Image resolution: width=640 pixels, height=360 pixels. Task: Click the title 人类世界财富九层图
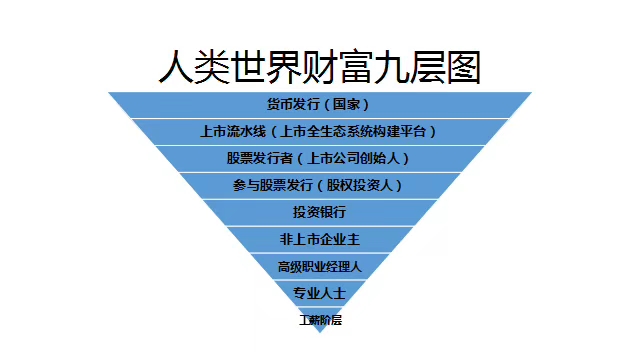pos(319,66)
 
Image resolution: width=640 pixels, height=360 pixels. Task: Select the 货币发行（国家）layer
pos(319,104)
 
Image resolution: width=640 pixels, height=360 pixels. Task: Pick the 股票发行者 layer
pos(319,158)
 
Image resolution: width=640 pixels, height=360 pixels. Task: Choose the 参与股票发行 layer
pos(319,185)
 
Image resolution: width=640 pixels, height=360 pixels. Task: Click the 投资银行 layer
pos(319,212)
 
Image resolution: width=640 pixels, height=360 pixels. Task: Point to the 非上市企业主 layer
pos(319,239)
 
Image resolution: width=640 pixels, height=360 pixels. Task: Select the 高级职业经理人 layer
pos(319,267)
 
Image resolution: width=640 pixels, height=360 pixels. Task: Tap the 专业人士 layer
pos(319,294)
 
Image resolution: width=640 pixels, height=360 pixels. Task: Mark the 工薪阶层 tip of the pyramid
pos(320,321)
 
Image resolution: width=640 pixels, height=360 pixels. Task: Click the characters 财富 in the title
pos(319,66)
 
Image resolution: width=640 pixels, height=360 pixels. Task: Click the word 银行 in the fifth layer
pos(332,212)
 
